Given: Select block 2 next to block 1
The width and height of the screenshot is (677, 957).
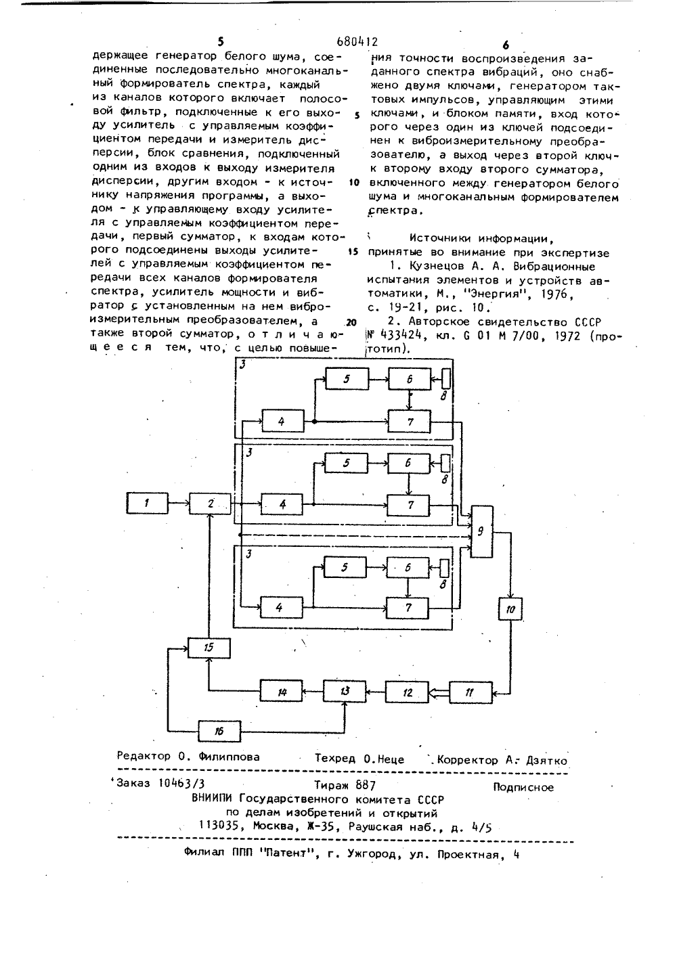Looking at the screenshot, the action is [211, 504].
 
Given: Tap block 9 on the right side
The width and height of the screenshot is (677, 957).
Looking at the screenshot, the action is [481, 531].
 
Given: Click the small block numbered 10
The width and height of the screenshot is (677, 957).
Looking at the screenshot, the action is [510, 609].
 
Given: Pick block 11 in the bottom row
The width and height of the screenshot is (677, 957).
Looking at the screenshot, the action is [471, 692].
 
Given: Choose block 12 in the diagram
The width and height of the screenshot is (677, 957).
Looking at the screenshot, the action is [407, 692].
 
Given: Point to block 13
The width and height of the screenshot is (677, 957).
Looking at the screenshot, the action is [345, 691].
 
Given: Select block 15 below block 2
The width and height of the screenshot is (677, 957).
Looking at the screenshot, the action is [209, 648].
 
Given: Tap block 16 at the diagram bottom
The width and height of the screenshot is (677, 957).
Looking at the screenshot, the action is [219, 731].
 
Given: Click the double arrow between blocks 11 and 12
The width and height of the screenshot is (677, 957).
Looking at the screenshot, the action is [439, 693].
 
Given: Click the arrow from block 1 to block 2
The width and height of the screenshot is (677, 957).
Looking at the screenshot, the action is [179, 503].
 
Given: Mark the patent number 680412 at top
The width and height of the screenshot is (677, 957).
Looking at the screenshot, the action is [357, 41].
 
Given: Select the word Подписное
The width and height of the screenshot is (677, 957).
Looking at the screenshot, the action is [523, 787].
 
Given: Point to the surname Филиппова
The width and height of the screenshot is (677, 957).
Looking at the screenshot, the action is [229, 757].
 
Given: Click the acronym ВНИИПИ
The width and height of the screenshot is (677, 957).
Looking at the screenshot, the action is [213, 799].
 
